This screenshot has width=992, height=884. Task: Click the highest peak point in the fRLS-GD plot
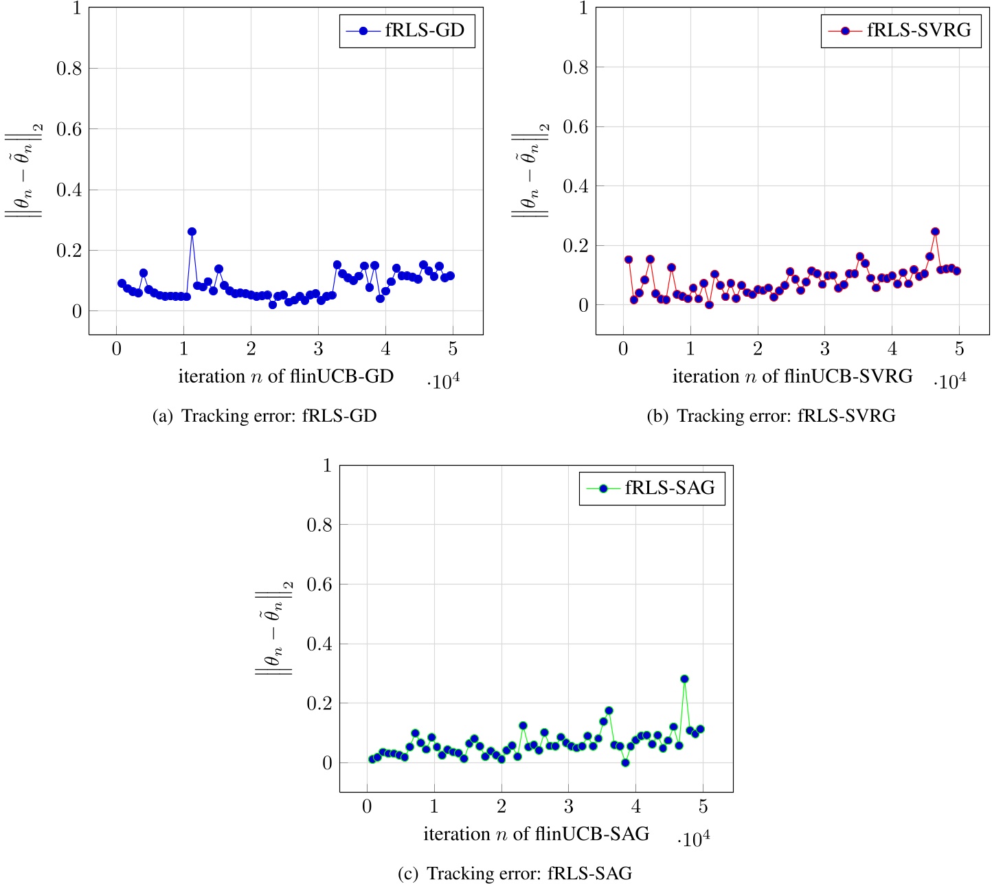pos(192,231)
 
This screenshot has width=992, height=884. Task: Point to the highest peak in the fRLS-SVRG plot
pos(934,231)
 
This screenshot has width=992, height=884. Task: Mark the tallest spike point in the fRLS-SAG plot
pos(684,679)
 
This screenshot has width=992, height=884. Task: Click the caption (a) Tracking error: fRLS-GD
pos(264,416)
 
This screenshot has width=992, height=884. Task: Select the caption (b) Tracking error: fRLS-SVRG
pos(771,416)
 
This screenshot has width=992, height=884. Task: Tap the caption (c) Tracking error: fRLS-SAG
pos(515,874)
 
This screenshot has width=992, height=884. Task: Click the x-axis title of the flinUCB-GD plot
pos(286,376)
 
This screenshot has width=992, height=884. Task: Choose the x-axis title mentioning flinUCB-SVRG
pos(792,376)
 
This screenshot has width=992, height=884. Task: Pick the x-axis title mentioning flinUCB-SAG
pos(536,834)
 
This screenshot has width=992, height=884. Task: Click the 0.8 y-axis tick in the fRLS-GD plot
pos(69,68)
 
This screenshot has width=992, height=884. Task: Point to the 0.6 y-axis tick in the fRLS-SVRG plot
pos(576,126)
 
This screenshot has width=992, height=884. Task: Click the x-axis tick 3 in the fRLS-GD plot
pos(318,349)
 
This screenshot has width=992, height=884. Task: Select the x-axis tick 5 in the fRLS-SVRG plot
pos(959,349)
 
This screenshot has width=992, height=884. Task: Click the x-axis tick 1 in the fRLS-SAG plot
pos(433,806)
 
